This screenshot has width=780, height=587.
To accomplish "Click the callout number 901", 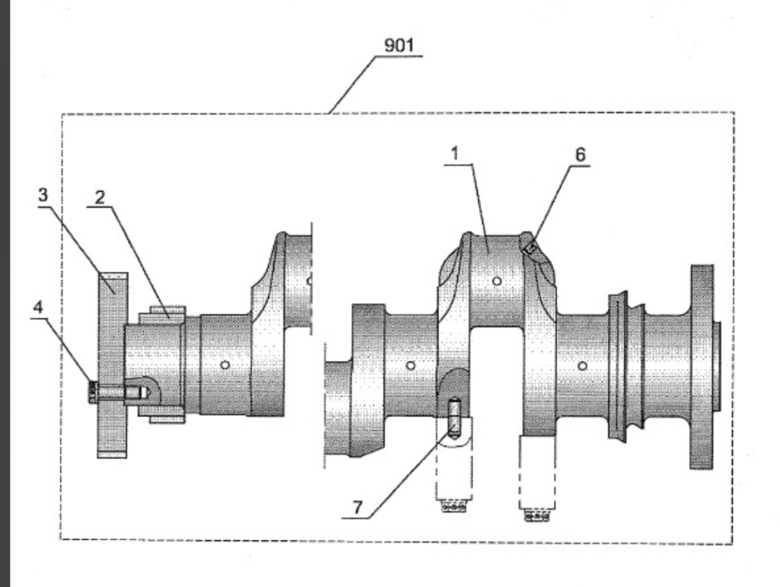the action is point(399,45).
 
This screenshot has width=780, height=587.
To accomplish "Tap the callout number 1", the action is point(455,154).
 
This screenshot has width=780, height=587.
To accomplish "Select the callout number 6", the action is point(580,155).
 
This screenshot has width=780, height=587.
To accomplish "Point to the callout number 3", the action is point(43,195).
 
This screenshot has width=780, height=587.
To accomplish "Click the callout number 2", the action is point(100,198).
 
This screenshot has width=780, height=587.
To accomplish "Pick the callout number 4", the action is point(38,307).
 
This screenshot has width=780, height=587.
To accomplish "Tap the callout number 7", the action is point(358,508).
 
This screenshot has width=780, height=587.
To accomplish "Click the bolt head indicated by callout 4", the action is point(92,391).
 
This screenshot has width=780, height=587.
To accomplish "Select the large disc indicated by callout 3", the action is point(112,365).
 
